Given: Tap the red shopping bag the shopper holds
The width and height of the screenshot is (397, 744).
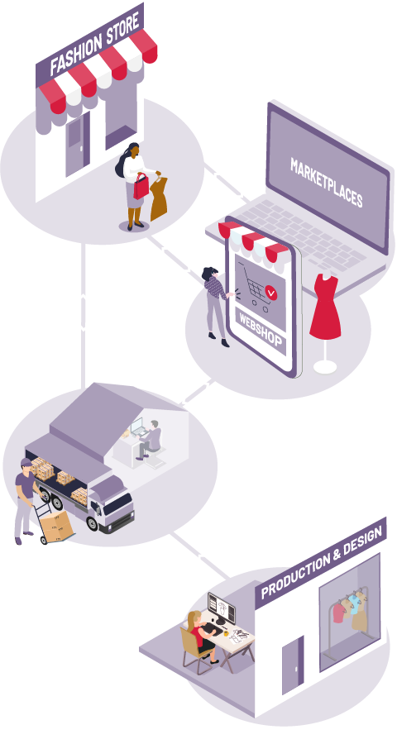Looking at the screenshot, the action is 141,186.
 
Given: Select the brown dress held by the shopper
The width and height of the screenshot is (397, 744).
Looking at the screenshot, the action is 159,198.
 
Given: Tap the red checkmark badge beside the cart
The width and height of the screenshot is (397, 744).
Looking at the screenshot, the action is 270,293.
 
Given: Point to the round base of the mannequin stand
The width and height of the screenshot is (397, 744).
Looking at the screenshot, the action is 325,367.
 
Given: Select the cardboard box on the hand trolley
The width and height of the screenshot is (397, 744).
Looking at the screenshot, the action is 56,525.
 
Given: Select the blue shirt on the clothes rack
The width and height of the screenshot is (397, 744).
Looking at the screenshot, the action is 354,604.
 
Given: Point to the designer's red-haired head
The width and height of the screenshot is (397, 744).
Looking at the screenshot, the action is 193,618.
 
